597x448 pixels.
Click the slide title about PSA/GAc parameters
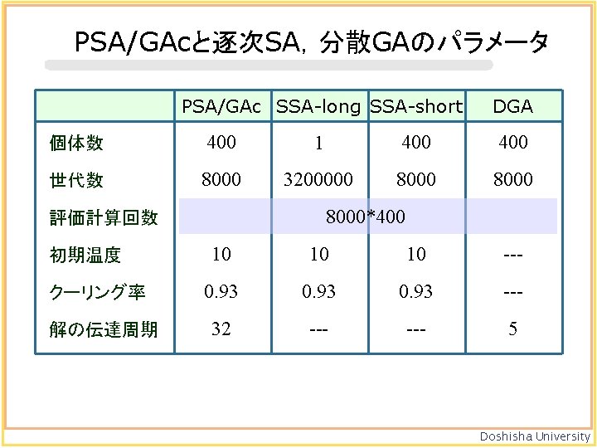[x=311, y=41]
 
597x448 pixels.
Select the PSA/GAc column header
[x=221, y=106]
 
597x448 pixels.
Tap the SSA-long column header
[x=319, y=106]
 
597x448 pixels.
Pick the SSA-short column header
[x=416, y=106]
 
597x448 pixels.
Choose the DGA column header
[x=512, y=106]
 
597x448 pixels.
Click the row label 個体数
[x=76, y=143]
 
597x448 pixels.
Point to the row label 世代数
[x=76, y=180]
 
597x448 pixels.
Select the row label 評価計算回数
[x=104, y=217]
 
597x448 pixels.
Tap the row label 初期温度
[x=85, y=255]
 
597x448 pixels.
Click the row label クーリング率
[x=98, y=292]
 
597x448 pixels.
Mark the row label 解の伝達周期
[x=104, y=329]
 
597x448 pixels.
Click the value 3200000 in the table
[x=319, y=180]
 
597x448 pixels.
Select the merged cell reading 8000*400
[x=366, y=217]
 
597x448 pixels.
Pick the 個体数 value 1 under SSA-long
[x=319, y=144]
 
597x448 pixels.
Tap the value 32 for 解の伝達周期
[x=221, y=329]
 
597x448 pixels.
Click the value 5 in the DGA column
[x=512, y=329]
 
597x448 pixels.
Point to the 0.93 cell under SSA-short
[x=416, y=292]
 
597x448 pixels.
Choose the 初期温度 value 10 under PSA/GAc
[x=221, y=255]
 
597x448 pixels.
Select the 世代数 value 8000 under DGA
[x=512, y=180]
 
